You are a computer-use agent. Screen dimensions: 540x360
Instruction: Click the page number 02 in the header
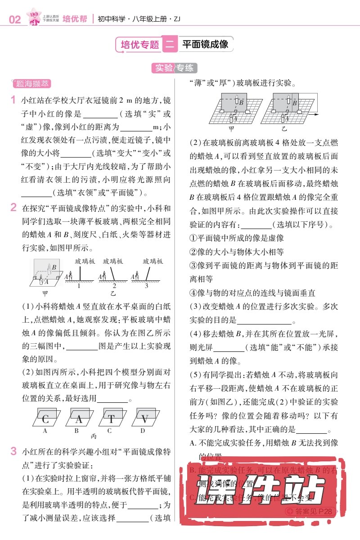click(14, 20)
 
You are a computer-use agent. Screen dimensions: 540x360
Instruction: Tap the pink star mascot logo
click(33, 17)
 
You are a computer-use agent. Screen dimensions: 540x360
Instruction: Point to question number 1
click(13, 99)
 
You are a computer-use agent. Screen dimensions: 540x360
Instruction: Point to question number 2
click(13, 208)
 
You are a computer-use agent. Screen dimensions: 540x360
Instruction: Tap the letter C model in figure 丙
click(45, 419)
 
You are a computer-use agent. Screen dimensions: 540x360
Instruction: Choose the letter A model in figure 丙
click(79, 419)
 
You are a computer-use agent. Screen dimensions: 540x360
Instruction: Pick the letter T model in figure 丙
click(111, 419)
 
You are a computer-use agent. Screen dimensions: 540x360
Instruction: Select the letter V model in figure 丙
click(144, 419)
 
